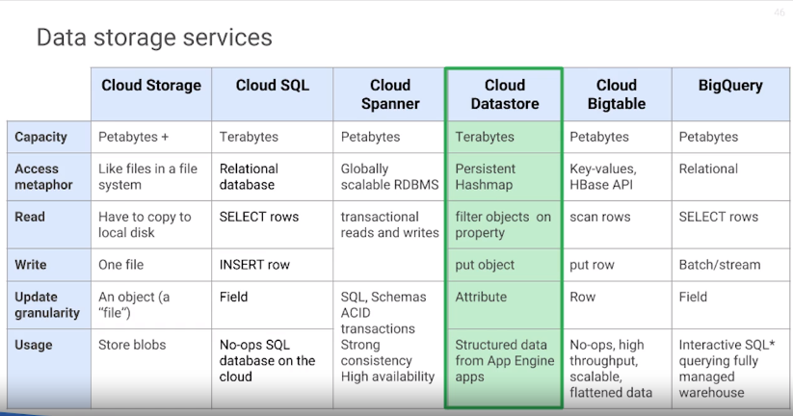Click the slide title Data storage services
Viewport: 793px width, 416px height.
point(154,39)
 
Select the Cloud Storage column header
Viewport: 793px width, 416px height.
point(151,86)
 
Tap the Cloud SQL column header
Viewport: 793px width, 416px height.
point(273,86)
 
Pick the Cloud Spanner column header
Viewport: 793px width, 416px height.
point(389,94)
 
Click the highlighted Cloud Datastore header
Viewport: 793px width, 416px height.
point(504,94)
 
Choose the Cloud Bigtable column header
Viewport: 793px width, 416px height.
point(617,94)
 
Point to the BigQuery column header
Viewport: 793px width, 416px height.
point(730,86)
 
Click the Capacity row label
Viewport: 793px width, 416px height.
point(41,137)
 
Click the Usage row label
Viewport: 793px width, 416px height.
point(34,345)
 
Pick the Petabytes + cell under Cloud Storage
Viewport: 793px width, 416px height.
point(133,137)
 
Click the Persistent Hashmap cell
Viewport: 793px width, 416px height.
point(486,176)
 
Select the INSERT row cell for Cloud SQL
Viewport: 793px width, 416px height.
point(255,265)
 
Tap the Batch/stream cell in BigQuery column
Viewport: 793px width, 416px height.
point(720,265)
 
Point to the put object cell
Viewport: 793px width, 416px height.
point(485,265)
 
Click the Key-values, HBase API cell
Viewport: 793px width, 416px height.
point(603,176)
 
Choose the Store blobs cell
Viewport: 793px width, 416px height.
point(132,345)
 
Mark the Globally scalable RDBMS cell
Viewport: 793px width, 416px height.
point(389,176)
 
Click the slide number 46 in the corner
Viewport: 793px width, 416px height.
point(779,13)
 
